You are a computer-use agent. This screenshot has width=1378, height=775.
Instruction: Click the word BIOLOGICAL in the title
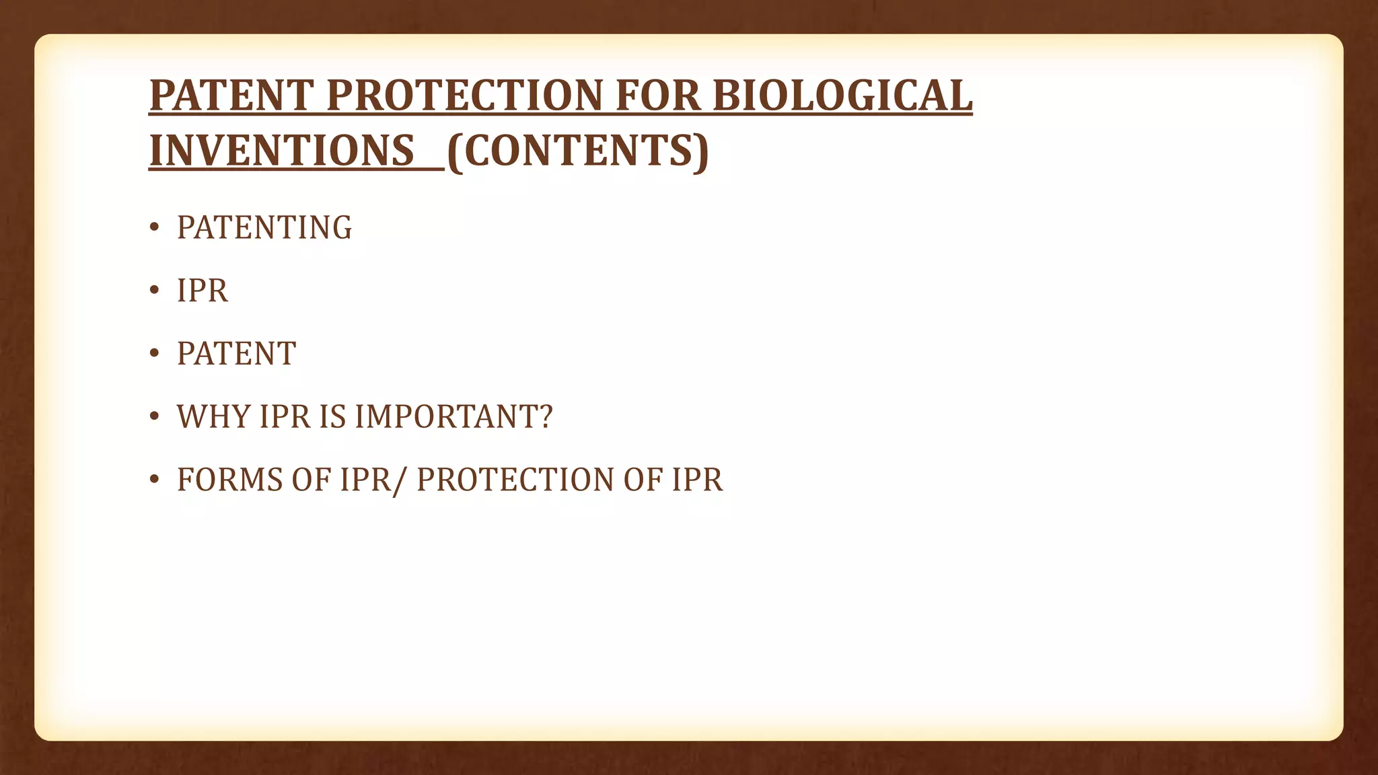(x=842, y=96)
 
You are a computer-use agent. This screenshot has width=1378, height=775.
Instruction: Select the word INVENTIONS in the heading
(x=281, y=151)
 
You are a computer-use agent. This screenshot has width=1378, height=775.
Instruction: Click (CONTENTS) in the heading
(x=577, y=151)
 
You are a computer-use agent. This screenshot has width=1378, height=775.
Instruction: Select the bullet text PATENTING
(x=264, y=227)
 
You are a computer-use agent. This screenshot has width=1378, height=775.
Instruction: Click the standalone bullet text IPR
(x=202, y=291)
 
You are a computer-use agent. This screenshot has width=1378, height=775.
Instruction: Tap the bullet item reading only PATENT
(x=236, y=354)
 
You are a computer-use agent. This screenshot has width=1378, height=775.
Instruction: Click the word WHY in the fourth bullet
(x=213, y=416)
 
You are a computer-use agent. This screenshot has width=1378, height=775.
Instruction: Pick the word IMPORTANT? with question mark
(x=454, y=416)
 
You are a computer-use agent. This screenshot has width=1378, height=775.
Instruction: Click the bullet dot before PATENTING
(x=154, y=228)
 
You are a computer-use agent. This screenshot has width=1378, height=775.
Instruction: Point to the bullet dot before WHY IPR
(x=154, y=417)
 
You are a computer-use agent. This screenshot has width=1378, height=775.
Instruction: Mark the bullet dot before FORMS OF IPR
(x=154, y=480)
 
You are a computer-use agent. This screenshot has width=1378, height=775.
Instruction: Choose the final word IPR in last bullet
(x=697, y=480)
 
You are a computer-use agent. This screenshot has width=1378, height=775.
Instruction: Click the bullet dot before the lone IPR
(x=154, y=291)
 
